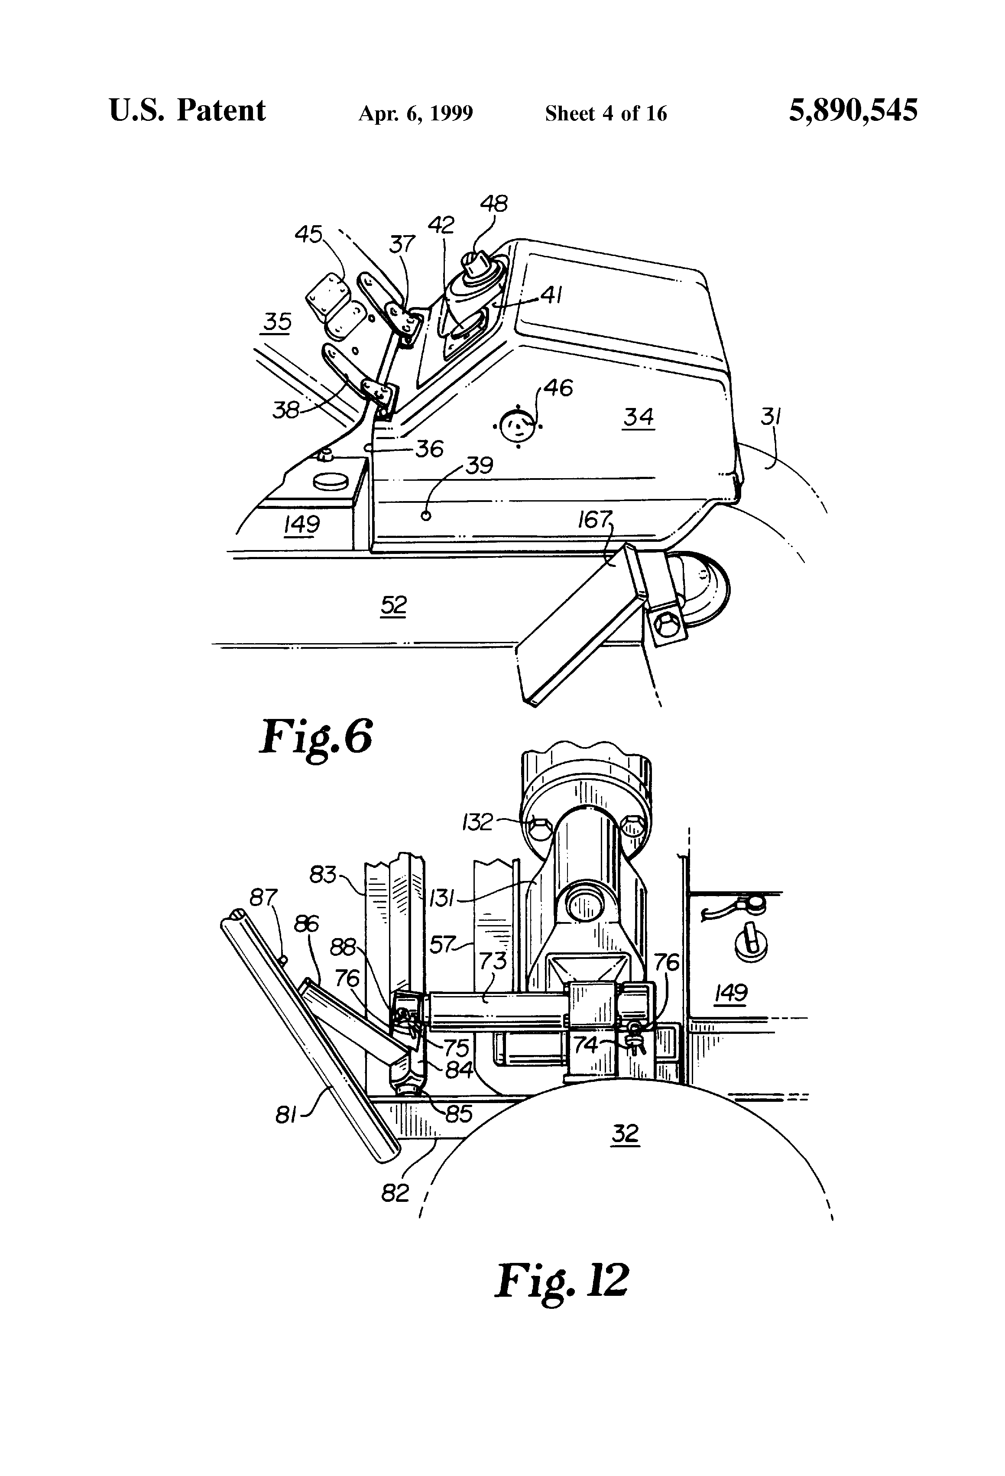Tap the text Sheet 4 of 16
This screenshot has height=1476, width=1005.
pyautogui.click(x=606, y=113)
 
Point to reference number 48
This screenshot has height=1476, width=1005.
pyautogui.click(x=493, y=204)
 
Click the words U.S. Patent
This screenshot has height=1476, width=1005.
pyautogui.click(x=188, y=110)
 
